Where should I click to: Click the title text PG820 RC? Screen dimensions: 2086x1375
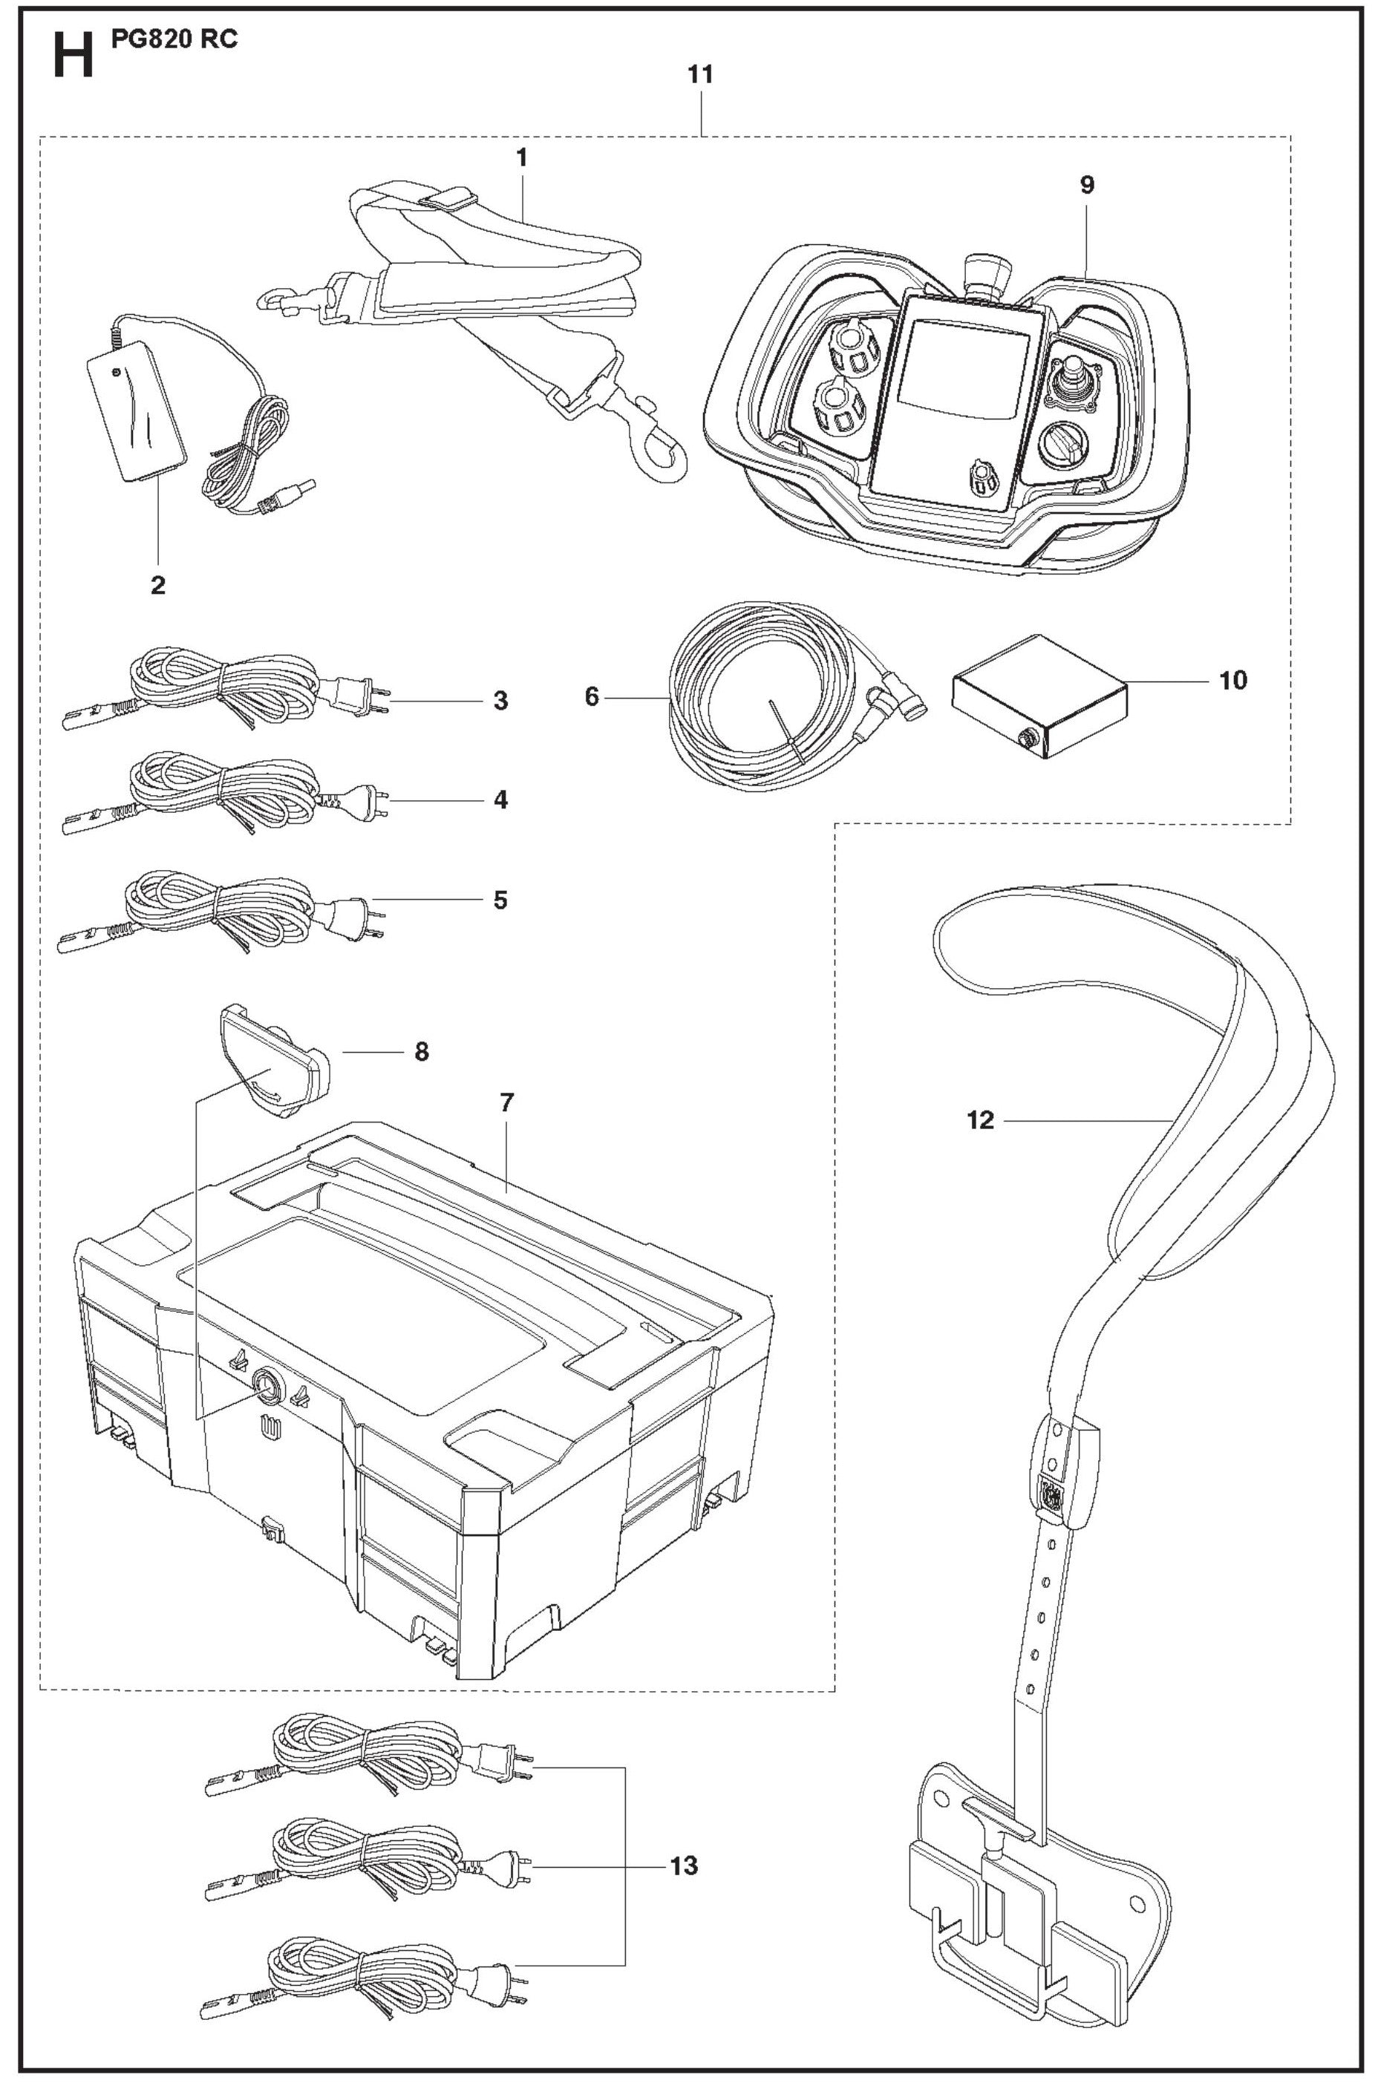tap(174, 39)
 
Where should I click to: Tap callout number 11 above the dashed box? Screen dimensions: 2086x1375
tap(700, 76)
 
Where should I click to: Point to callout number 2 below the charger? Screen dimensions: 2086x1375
tap(158, 585)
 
